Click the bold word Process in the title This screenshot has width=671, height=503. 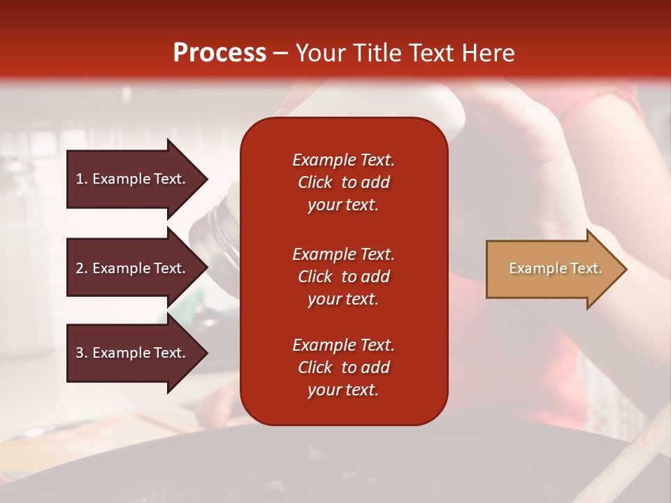click(219, 53)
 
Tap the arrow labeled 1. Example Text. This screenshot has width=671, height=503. click(138, 180)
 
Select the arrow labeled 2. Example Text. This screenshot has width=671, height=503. click(138, 268)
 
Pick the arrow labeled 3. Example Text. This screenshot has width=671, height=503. click(138, 353)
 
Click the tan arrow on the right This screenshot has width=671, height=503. click(556, 269)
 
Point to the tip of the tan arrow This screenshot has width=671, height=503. click(626, 269)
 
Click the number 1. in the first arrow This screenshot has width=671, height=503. click(82, 179)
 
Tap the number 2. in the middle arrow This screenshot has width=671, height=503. click(82, 268)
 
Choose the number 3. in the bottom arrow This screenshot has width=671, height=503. click(82, 352)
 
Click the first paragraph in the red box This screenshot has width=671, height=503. click(344, 182)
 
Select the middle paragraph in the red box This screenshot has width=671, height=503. click(344, 277)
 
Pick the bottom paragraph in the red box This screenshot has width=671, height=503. click(344, 367)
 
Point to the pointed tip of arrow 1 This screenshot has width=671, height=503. click(208, 180)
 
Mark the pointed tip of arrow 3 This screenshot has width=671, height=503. click(208, 353)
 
